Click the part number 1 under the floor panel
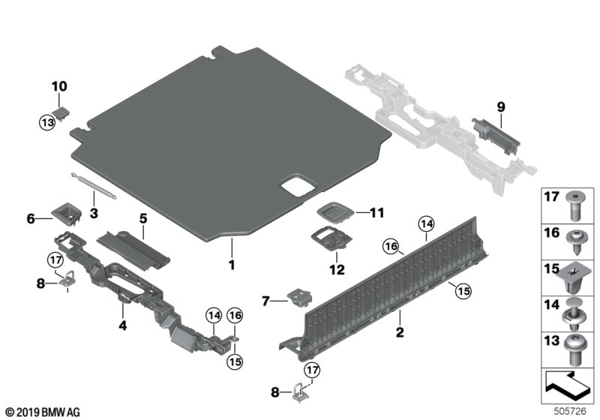(x=232, y=265)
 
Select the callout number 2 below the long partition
(x=400, y=331)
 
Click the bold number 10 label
(x=59, y=87)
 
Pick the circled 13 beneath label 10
(x=48, y=121)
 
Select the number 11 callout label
(x=377, y=214)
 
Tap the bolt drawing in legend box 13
(x=578, y=351)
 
